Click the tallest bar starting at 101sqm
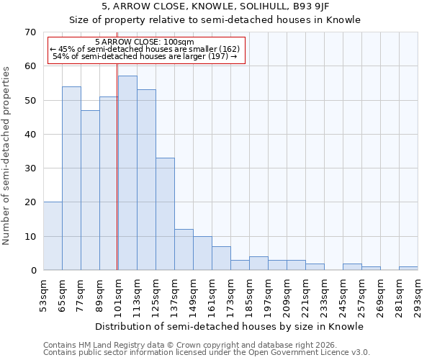127,173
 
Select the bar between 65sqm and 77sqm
71,178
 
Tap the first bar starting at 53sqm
53,236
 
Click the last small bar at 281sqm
408,269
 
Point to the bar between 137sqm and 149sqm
184,250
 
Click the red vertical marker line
117,158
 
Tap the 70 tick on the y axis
30,32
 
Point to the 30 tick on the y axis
30,168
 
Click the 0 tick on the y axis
33,271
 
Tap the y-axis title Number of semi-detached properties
6,155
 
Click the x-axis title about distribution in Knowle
229,327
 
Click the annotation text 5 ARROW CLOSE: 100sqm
144,42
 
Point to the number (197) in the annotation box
217,56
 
